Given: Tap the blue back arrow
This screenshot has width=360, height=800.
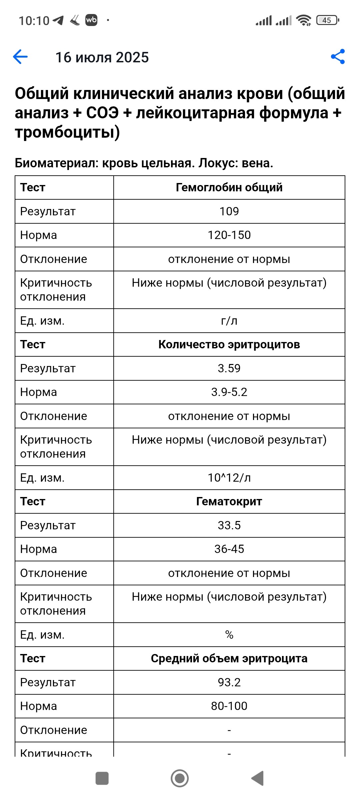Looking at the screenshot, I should [x=20, y=57].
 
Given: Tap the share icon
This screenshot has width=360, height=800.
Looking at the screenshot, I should [x=338, y=57].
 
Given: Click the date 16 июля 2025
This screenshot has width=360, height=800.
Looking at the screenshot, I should [x=102, y=57].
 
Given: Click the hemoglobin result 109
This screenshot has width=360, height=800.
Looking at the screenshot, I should [x=229, y=211].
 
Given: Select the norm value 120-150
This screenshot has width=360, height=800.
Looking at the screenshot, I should [x=229, y=235].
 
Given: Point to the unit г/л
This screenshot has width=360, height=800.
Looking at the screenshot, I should [x=229, y=321].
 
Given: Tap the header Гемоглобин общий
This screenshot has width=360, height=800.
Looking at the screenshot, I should [x=229, y=187].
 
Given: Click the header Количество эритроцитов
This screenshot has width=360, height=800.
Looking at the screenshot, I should [x=229, y=344].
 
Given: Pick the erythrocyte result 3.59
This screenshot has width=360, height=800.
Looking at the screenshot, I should [x=229, y=368].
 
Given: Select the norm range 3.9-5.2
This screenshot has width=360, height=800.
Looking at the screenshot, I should [x=229, y=392].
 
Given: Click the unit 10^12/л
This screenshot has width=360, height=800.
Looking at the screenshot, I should [x=229, y=478].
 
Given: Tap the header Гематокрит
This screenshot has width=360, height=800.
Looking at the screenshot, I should [x=229, y=501].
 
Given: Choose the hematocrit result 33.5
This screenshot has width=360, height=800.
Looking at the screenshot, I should [x=229, y=525].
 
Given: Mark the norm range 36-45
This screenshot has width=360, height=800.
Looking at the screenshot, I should [x=229, y=549].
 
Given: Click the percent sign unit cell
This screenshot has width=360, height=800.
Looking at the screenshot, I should [x=229, y=635].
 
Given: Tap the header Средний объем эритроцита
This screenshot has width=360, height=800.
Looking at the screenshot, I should [x=229, y=658].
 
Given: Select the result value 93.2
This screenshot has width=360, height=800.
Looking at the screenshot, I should [x=229, y=682].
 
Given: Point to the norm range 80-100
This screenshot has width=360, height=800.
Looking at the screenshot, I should [x=229, y=706].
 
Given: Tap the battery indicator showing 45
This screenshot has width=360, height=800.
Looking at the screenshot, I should [x=328, y=20].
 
